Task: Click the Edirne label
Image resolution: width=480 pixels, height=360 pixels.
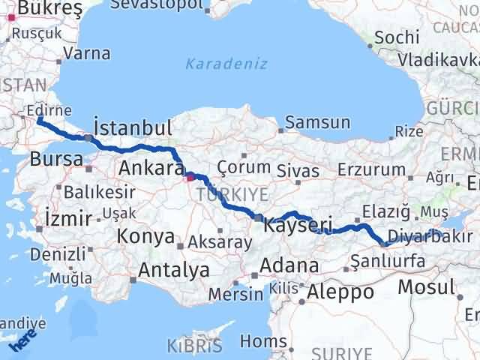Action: pyautogui.click(x=48, y=110)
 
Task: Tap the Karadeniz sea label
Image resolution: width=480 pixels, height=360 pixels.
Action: pyautogui.click(x=226, y=64)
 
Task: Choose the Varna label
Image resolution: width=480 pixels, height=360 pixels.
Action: pyautogui.click(x=87, y=53)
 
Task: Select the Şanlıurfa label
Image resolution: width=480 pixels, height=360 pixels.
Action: pyautogui.click(x=389, y=261)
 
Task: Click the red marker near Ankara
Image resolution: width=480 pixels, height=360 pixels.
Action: pyautogui.click(x=189, y=178)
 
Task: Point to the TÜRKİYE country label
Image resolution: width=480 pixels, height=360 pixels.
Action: pyautogui.click(x=232, y=195)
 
